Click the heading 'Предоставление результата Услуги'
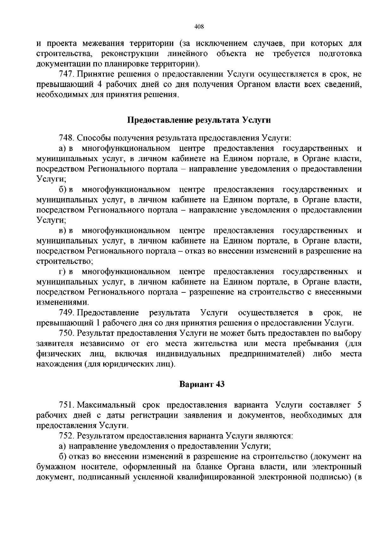click(199, 120)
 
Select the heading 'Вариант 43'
click(202, 384)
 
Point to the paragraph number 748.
click(66, 138)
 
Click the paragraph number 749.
click(66, 313)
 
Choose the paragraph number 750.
click(66, 334)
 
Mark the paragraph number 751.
click(66, 405)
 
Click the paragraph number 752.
click(66, 436)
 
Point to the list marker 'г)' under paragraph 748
click(62, 272)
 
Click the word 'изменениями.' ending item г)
click(63, 303)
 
